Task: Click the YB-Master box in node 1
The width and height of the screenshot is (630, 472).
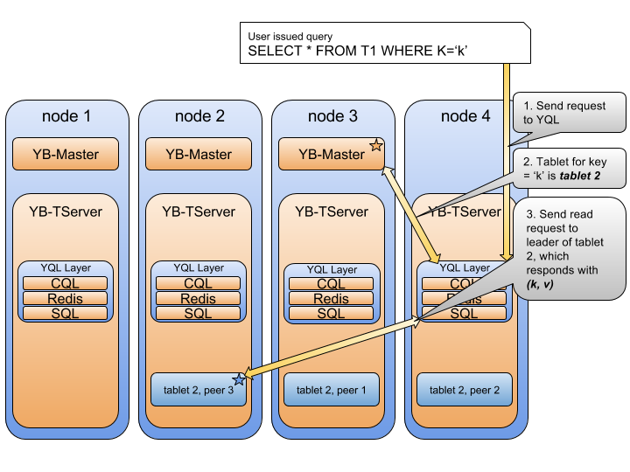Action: coord(66,155)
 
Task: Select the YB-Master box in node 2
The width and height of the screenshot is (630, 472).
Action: coord(199,155)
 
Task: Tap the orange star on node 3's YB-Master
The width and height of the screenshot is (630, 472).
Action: coord(376,145)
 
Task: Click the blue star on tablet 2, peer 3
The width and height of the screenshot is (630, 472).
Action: coord(239,378)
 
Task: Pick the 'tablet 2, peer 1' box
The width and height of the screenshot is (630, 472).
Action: coord(332,390)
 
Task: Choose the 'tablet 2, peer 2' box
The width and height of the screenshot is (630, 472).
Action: coord(465,390)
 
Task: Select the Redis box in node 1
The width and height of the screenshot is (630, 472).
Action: coord(66,298)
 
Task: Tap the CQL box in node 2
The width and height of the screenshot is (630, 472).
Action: coord(199,283)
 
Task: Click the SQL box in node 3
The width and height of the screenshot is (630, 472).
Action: coord(332,314)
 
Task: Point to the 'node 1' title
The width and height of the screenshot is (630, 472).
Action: coord(66,116)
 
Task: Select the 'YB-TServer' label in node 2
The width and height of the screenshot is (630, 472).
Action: coord(199,212)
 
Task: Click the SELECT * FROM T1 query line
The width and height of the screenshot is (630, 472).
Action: coord(359,52)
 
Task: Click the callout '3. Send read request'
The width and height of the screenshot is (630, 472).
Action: coord(569,249)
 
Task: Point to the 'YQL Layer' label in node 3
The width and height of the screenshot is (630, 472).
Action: coord(332,269)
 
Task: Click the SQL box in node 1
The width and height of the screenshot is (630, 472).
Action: coord(66,313)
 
